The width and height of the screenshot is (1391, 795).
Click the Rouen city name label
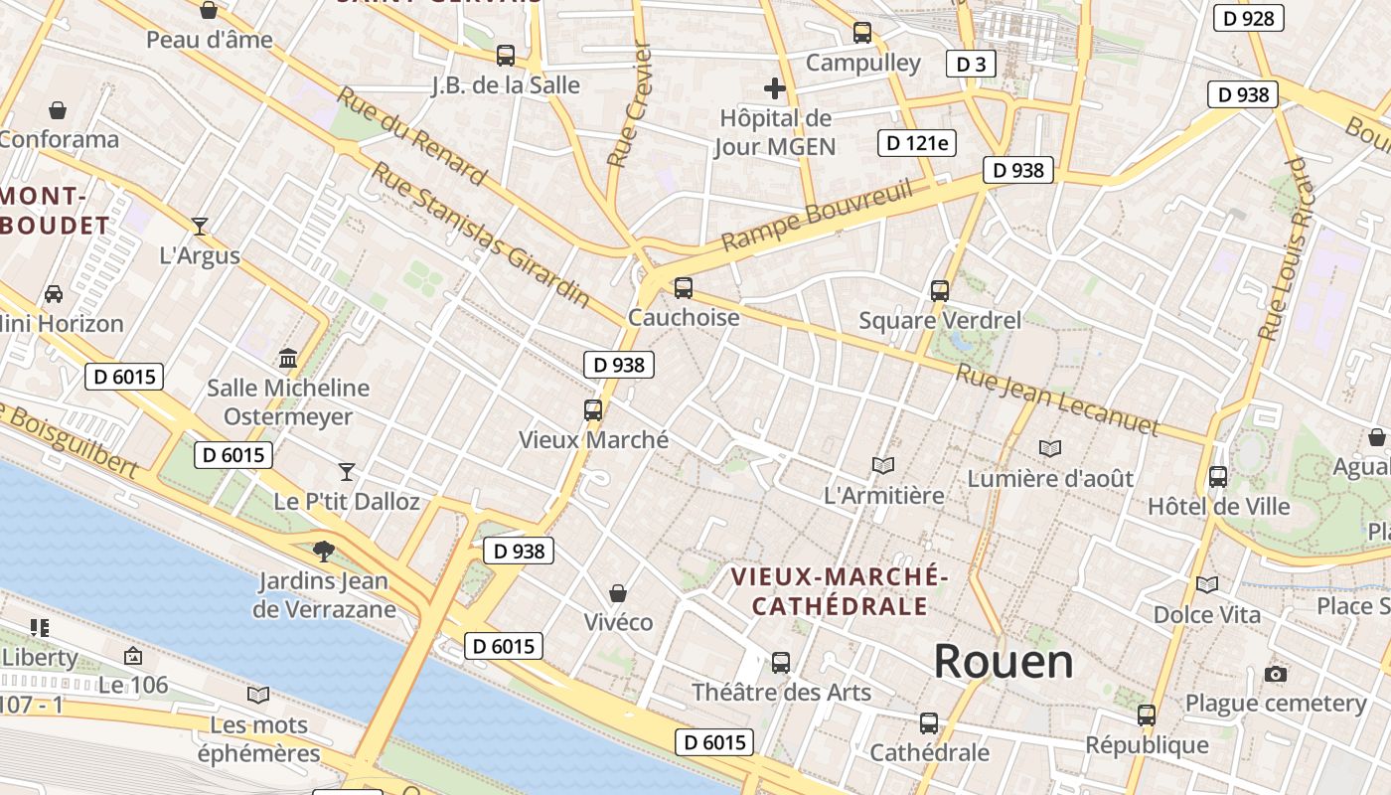tap(1004, 662)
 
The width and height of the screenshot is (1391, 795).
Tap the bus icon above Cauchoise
tap(684, 288)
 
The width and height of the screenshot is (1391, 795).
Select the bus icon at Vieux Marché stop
tap(593, 409)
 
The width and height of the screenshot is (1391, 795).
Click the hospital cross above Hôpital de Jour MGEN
tap(775, 88)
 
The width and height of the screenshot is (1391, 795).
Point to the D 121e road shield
tap(917, 143)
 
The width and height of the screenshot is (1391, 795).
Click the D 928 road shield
tap(1249, 18)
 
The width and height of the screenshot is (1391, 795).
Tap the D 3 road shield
tap(970, 65)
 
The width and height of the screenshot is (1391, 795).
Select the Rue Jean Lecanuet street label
tap(1057, 400)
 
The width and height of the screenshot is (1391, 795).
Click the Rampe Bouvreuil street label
tap(817, 216)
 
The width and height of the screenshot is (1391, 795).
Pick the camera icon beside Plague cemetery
tap(1276, 675)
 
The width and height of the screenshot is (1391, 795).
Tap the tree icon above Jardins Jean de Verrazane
tap(324, 551)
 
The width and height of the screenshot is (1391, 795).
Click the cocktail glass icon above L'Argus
tap(200, 227)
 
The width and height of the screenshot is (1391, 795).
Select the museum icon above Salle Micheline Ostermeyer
tap(288, 358)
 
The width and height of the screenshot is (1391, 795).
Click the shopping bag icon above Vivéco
tap(618, 593)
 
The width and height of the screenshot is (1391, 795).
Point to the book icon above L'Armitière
tap(883, 465)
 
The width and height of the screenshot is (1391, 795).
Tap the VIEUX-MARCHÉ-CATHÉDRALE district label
tap(840, 591)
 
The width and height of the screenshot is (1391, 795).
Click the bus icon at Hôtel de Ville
tap(1218, 477)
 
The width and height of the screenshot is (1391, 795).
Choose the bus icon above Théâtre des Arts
tap(781, 662)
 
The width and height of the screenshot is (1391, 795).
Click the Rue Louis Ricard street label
tap(1286, 248)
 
